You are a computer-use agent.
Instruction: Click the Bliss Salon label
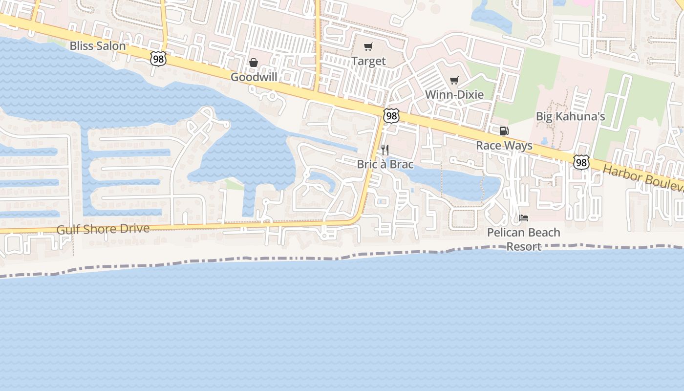(x=98, y=46)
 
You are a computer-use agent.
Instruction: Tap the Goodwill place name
(x=254, y=77)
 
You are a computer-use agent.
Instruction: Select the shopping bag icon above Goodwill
(x=254, y=63)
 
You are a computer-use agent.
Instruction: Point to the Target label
(x=368, y=61)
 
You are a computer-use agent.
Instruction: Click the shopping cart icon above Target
(x=368, y=47)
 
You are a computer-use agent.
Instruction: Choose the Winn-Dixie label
(x=454, y=94)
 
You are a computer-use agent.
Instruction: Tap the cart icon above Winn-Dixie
(x=454, y=80)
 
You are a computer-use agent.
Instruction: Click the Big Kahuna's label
(x=571, y=116)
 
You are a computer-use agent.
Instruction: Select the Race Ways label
(x=504, y=146)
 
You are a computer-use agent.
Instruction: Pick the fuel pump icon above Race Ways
(x=504, y=131)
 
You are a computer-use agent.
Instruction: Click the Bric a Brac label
(x=385, y=164)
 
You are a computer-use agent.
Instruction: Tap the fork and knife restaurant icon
(x=385, y=150)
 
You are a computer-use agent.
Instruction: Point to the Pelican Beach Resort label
(x=524, y=239)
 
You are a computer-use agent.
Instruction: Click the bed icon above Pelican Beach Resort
(x=524, y=217)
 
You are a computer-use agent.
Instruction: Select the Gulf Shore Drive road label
(x=103, y=229)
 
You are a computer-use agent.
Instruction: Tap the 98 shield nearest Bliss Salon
(x=158, y=59)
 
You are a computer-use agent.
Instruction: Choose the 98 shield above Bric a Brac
(x=391, y=116)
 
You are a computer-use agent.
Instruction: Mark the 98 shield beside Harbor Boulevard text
(x=581, y=162)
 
